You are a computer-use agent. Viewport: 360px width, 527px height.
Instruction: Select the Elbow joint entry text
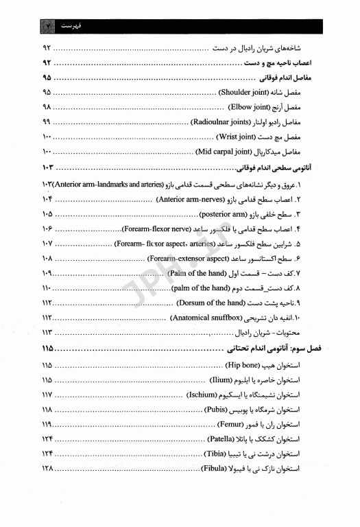coord(250,107)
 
